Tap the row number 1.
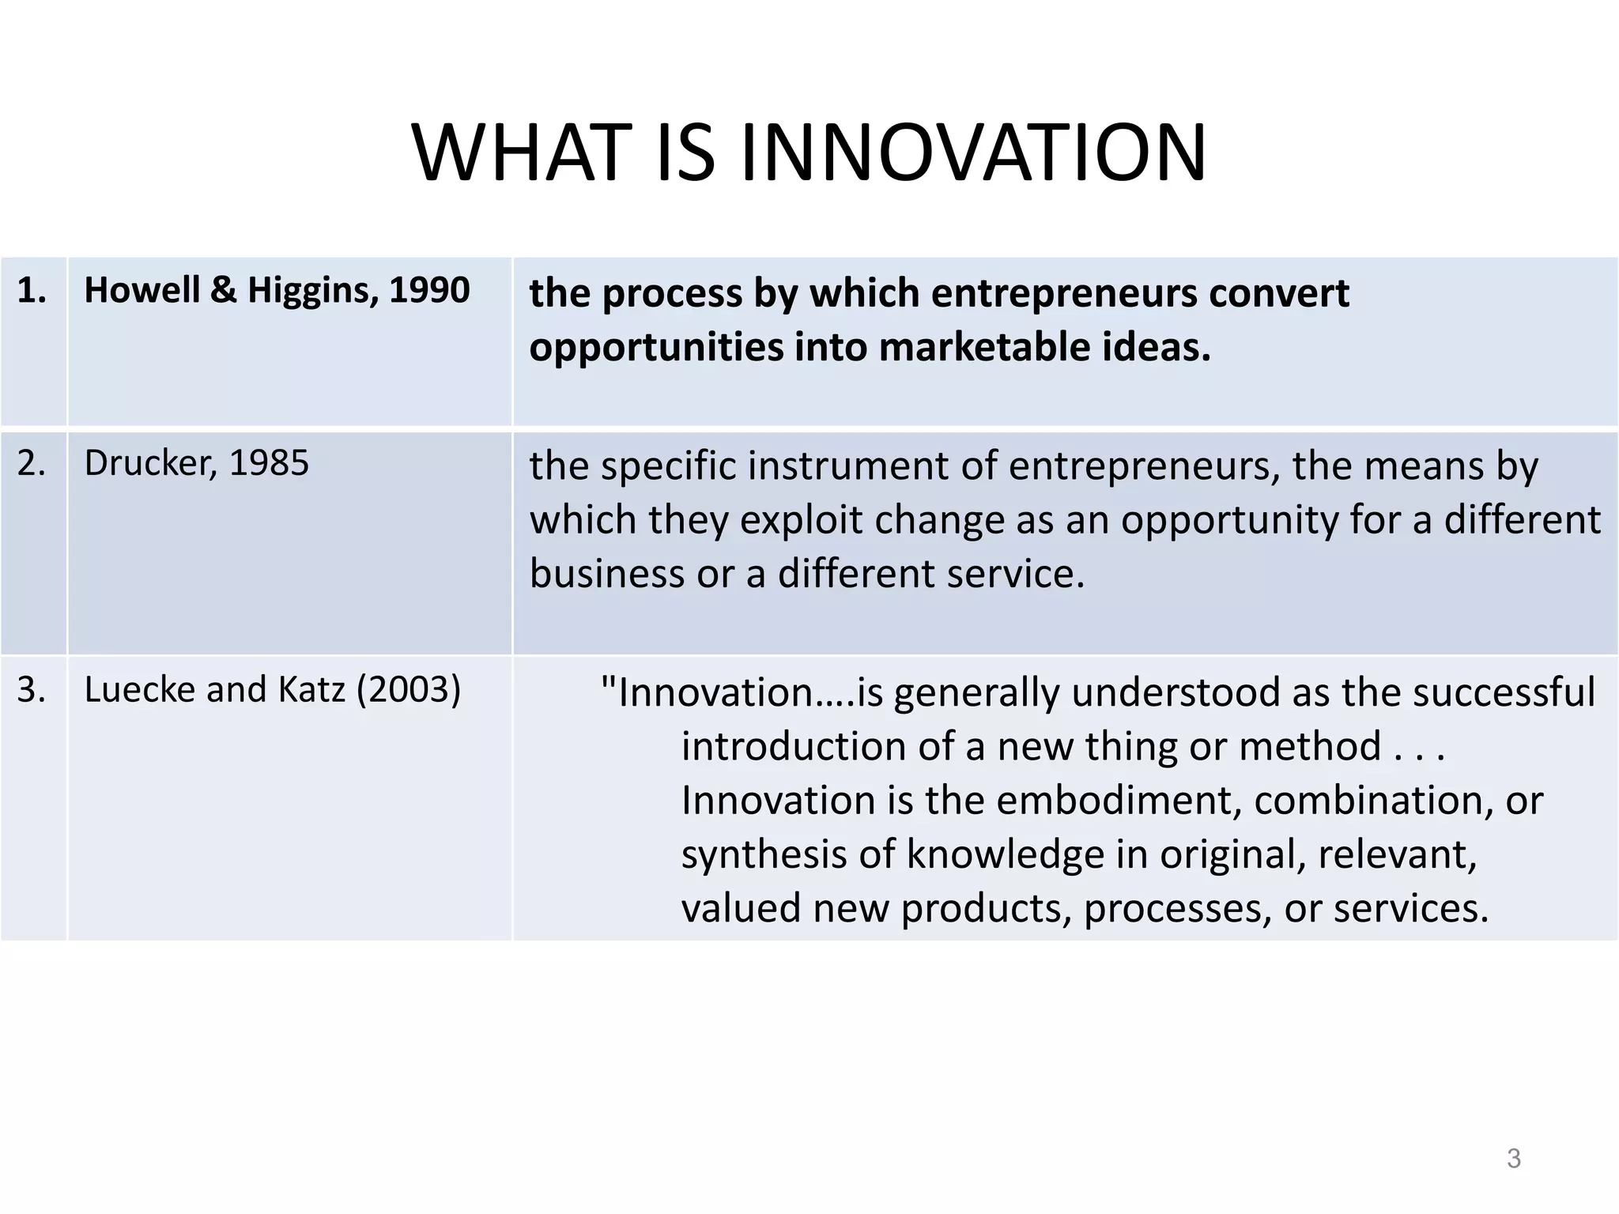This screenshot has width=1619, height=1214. [32, 291]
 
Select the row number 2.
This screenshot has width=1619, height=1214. [32, 463]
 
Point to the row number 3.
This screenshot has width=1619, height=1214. [32, 690]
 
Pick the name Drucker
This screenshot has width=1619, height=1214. [149, 463]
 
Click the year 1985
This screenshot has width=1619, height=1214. [269, 463]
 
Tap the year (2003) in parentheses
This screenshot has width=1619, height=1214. [408, 690]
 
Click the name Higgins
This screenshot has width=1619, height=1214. [308, 291]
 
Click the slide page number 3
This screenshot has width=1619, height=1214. [1513, 1159]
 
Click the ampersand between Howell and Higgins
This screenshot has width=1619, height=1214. [225, 291]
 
